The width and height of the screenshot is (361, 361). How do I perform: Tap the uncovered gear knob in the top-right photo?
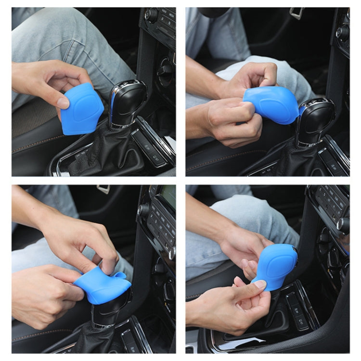[315, 120]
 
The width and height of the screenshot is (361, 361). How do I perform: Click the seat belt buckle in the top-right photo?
[297, 13]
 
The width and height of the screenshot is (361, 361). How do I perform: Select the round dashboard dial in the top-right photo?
[343, 32]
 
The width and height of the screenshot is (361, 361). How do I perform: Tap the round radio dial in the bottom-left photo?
[143, 210]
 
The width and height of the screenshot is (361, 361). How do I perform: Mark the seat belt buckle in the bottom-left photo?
[103, 189]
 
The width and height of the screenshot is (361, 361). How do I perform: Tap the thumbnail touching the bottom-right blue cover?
[260, 284]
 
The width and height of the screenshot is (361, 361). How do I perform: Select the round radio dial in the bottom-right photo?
[343, 224]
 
